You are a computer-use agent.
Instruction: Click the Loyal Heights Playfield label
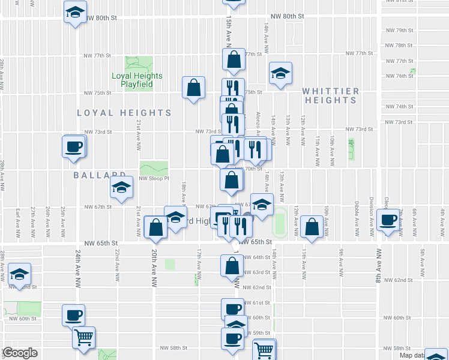tap(137, 80)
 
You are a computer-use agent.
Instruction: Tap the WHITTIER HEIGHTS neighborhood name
tap(331, 96)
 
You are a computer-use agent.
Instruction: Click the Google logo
tap(19, 353)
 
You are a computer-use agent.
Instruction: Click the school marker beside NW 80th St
tap(76, 13)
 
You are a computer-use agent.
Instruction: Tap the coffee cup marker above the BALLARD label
tap(74, 146)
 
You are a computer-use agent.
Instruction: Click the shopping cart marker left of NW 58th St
tap(83, 337)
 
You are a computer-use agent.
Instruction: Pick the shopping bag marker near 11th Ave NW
tap(312, 226)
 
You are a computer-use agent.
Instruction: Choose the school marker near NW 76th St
tap(280, 73)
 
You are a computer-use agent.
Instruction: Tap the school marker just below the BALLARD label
tap(121, 188)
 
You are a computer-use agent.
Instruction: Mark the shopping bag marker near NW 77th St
tap(233, 59)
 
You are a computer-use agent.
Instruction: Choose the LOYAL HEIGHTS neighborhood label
tap(124, 113)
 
